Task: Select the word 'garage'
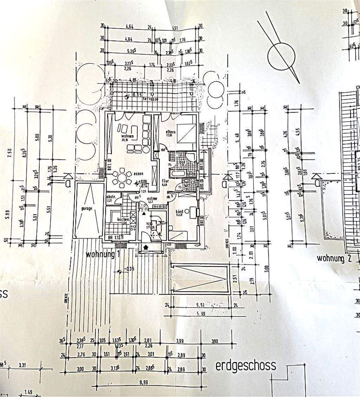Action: (x=86, y=208)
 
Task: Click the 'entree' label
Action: (x=152, y=198)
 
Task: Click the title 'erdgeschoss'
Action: (x=245, y=366)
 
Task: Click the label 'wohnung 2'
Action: (x=334, y=259)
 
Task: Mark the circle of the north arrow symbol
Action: (x=280, y=56)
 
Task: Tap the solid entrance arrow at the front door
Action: (x=147, y=248)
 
